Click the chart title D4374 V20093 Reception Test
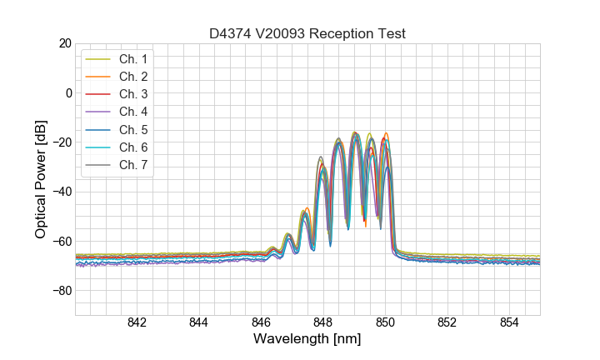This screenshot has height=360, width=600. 307,33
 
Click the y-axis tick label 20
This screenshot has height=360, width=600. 64,43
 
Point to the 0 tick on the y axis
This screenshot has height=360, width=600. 67,92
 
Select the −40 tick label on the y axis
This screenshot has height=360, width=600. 61,192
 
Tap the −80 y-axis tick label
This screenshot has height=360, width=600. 61,291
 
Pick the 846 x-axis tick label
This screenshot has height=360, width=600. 261,323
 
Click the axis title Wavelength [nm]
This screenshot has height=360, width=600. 307,340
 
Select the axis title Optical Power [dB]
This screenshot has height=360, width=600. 41,179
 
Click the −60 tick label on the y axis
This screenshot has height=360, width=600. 61,242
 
